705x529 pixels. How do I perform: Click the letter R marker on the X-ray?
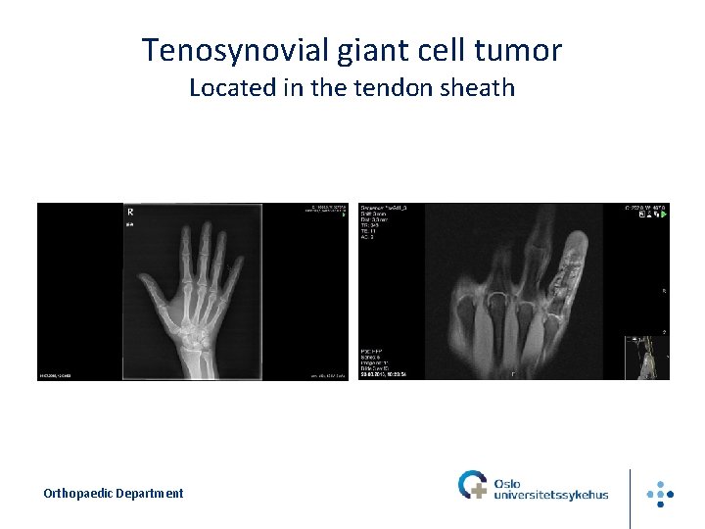point(130,212)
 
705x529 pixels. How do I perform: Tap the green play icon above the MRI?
point(665,215)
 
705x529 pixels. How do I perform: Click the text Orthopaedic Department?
point(113,494)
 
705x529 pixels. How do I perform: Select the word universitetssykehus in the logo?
point(551,495)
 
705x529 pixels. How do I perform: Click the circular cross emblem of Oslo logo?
point(472,485)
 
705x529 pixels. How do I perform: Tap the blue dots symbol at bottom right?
point(661,493)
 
